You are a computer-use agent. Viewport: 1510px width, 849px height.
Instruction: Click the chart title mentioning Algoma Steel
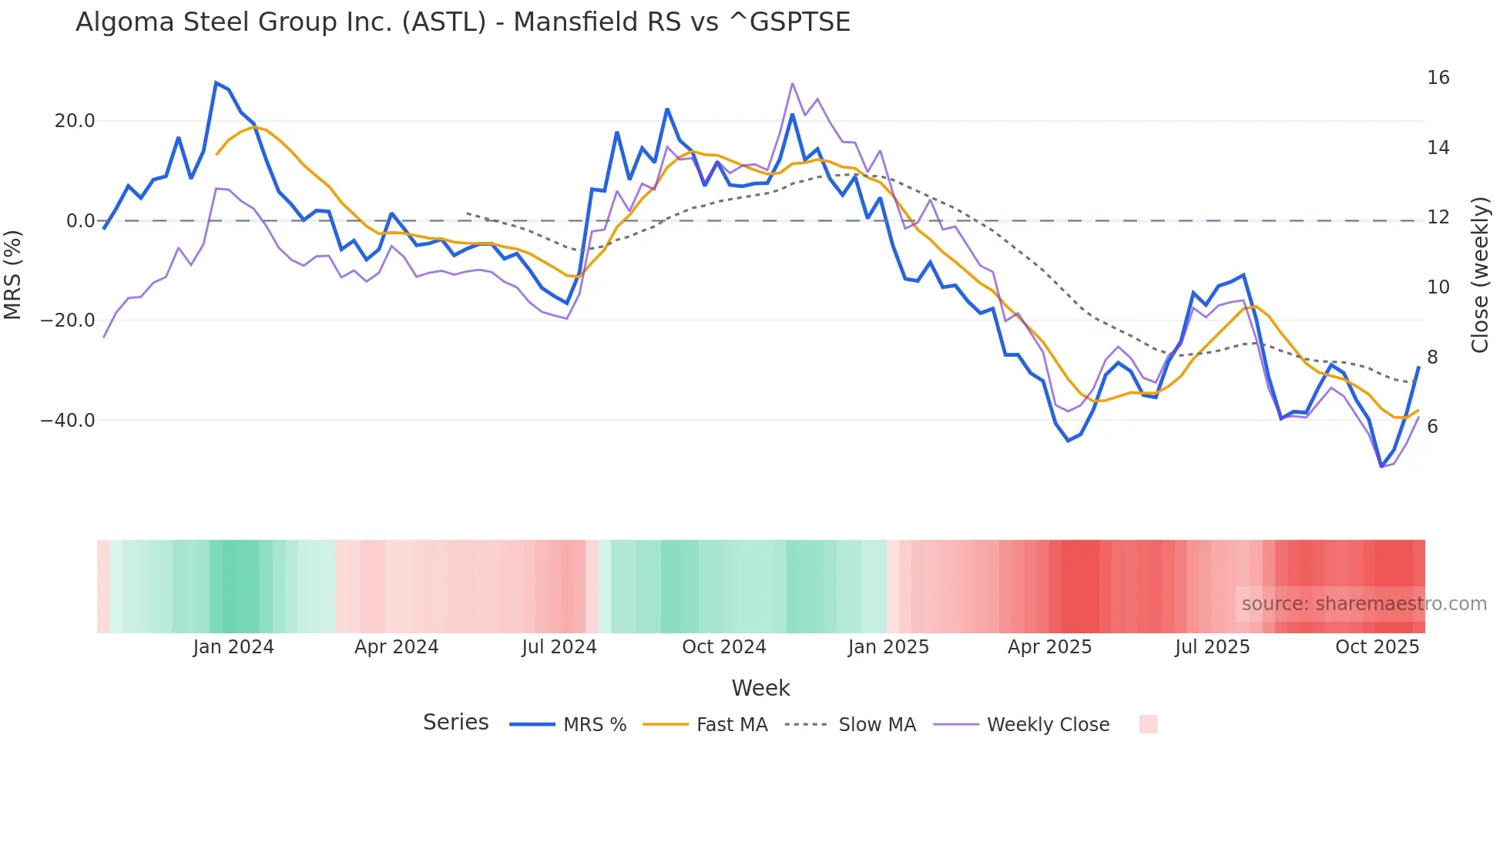(x=462, y=22)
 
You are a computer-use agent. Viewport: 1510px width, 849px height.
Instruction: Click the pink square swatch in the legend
(x=1148, y=724)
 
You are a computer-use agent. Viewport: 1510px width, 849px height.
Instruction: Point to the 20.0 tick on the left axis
(x=75, y=121)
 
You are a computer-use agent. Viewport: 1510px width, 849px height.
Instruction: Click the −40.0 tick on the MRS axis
(x=68, y=421)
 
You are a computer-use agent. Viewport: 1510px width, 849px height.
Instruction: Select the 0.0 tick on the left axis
(x=81, y=221)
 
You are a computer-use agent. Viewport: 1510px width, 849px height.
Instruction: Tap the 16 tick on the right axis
(x=1438, y=78)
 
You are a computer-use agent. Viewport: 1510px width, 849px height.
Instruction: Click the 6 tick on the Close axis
(x=1432, y=427)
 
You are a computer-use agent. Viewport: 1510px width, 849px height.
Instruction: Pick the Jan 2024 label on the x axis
(x=233, y=647)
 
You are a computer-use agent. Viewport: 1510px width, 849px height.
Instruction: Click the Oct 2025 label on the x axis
(x=1377, y=647)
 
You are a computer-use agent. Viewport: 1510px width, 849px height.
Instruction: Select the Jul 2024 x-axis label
(x=559, y=647)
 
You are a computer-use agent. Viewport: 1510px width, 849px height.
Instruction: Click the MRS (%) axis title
(x=13, y=274)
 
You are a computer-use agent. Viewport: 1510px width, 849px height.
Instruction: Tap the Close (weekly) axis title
(x=1479, y=275)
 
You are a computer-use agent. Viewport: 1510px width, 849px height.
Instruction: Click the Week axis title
(x=760, y=688)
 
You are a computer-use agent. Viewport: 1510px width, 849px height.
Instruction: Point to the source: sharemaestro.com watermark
(x=1364, y=604)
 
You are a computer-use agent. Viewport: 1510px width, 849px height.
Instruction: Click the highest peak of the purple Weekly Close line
(x=792, y=83)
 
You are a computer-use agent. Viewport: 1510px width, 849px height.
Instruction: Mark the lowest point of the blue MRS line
(x=1381, y=466)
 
